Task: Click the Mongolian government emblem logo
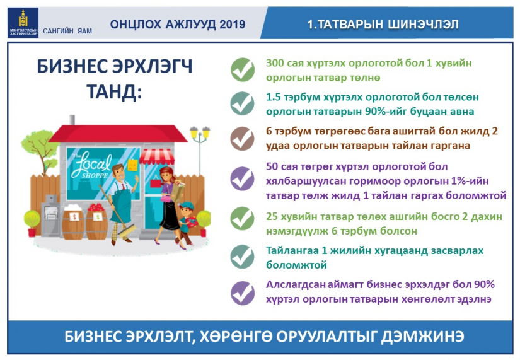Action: coord(23,23)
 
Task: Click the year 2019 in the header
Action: coord(232,24)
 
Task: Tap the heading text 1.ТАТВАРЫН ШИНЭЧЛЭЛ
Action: coord(383,24)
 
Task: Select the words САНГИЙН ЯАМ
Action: coord(67,31)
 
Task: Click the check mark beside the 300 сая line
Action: coord(243,70)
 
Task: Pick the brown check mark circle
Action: coord(243,139)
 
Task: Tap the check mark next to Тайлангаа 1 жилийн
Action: coord(243,257)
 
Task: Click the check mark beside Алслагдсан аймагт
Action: coord(243,293)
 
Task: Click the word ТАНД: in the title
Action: coord(115,91)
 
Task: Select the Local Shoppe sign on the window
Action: coord(92,165)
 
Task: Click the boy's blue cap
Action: coord(187,206)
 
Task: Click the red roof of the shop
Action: coord(118,134)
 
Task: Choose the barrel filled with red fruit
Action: coord(96,221)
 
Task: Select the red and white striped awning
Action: coord(156,156)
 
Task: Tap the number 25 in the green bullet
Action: coord(272,217)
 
